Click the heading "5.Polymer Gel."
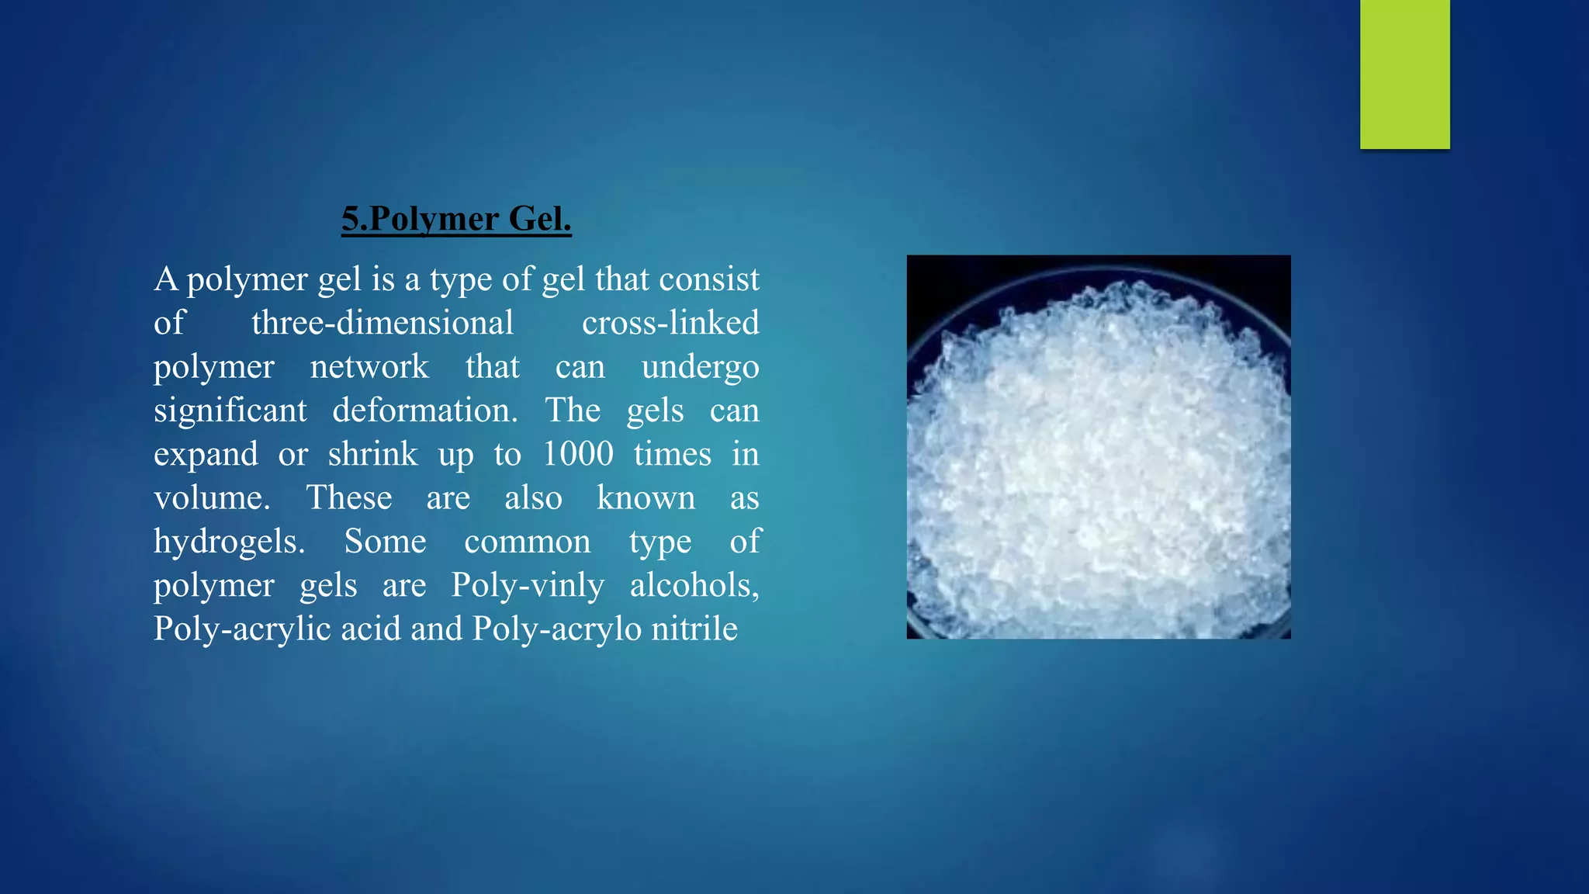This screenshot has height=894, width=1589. pos(456,219)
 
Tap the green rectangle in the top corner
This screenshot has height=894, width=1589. pos(1404,74)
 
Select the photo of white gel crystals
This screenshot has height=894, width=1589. pos(1099,447)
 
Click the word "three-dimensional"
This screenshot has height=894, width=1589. pos(383,323)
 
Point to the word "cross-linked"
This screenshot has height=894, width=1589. pos(670,323)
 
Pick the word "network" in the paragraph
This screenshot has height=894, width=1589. pos(369,366)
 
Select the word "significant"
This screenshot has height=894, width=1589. pos(230,411)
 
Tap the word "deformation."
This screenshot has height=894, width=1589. pos(425,410)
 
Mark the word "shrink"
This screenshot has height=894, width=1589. pos(372,454)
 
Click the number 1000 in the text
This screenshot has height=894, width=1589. pos(578,454)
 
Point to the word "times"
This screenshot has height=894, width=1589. pos(672,454)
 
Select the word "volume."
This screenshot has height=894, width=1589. pos(212,497)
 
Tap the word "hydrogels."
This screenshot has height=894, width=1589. pos(229,542)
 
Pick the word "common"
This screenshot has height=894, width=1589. pos(528,542)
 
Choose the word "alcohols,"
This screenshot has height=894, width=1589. pos(694,585)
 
